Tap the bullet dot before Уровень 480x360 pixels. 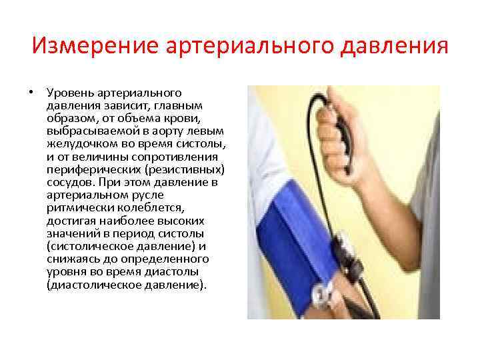pyautogui.click(x=31, y=93)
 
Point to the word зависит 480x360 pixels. pyautogui.click(x=131, y=106)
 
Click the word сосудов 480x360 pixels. pyautogui.click(x=69, y=182)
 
